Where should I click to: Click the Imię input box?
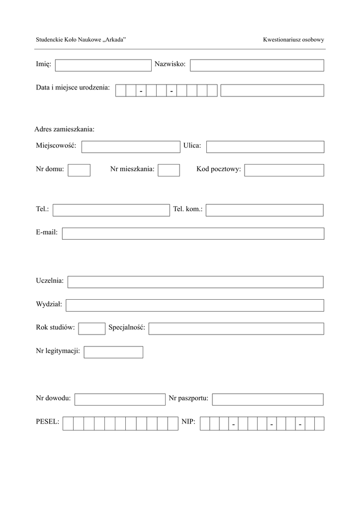pyautogui.click(x=103, y=65)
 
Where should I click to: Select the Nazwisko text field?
pyautogui.click(x=257, y=65)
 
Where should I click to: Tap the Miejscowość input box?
pyautogui.click(x=130, y=147)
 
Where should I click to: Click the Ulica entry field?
pyautogui.click(x=265, y=147)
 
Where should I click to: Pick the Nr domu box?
pyautogui.click(x=79, y=170)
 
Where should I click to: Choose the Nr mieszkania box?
pyautogui.click(x=169, y=170)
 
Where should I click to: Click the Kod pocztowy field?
pyautogui.click(x=284, y=170)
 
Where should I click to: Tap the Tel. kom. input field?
pyautogui.click(x=265, y=210)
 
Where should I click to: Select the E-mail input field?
pyautogui.click(x=193, y=234)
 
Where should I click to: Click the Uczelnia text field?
pyautogui.click(x=195, y=282)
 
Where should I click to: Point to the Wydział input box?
pyautogui.click(x=195, y=305)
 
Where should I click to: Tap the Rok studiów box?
pyautogui.click(x=91, y=329)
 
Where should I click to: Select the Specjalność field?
pyautogui.click(x=236, y=329)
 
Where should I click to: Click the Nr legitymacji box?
pyautogui.click(x=113, y=352)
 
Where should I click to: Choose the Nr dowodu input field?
pyautogui.click(x=119, y=399)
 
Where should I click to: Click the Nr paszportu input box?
pyautogui.click(x=268, y=399)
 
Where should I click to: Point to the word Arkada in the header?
pyautogui.click(x=114, y=39)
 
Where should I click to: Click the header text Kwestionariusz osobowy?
pyautogui.click(x=293, y=39)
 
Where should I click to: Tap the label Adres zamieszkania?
pyautogui.click(x=64, y=129)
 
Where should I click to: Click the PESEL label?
pyautogui.click(x=48, y=422)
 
